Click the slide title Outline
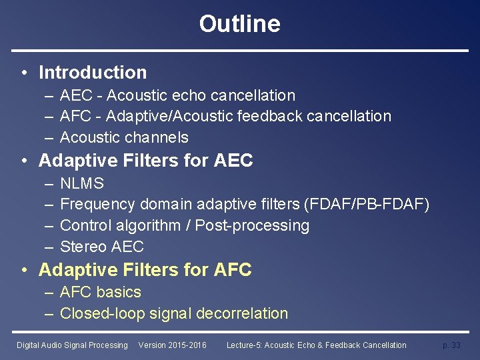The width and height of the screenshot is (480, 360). (239, 24)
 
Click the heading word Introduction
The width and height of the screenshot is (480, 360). (93, 72)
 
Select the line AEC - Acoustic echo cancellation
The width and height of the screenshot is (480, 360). (177, 95)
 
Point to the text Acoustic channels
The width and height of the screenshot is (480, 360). (124, 137)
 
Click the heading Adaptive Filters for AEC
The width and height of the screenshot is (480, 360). (146, 161)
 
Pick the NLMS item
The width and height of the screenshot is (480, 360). (82, 183)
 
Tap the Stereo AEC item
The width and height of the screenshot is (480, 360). (102, 247)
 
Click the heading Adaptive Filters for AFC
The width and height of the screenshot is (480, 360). (145, 270)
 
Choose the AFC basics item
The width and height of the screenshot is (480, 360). (101, 292)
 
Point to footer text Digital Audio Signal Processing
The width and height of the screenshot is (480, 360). (72, 345)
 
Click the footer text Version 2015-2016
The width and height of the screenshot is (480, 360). (172, 345)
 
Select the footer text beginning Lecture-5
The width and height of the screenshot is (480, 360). (316, 345)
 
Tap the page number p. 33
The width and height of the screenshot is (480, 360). (451, 345)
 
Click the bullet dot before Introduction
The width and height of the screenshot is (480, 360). (23, 73)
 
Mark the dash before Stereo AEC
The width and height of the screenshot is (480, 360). (50, 247)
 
